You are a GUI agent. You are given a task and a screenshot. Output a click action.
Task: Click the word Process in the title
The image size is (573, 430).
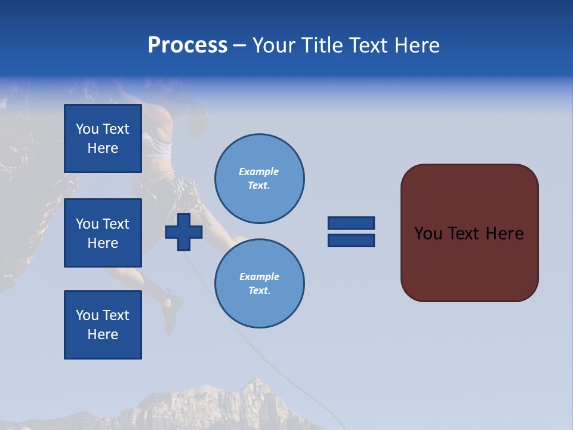point(187,45)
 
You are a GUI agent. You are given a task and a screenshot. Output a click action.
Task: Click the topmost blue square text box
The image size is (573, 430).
point(103,139)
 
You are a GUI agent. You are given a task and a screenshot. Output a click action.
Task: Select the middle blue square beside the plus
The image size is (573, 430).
point(103,233)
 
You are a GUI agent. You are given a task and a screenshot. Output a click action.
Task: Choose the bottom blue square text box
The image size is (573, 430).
point(103,325)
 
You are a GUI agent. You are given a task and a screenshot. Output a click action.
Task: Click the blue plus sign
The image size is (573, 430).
point(184,232)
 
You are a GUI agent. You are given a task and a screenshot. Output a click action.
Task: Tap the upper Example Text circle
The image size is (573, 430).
point(260,179)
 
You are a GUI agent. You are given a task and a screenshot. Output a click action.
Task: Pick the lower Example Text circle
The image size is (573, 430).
point(260,284)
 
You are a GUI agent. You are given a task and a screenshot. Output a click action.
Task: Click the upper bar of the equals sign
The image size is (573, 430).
point(351,223)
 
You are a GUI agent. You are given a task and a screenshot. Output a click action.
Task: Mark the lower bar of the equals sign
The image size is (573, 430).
point(351,241)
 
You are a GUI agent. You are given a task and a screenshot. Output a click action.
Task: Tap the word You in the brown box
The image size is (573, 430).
point(428,234)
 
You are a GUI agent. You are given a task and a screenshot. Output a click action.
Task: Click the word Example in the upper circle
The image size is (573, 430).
point(258,171)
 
